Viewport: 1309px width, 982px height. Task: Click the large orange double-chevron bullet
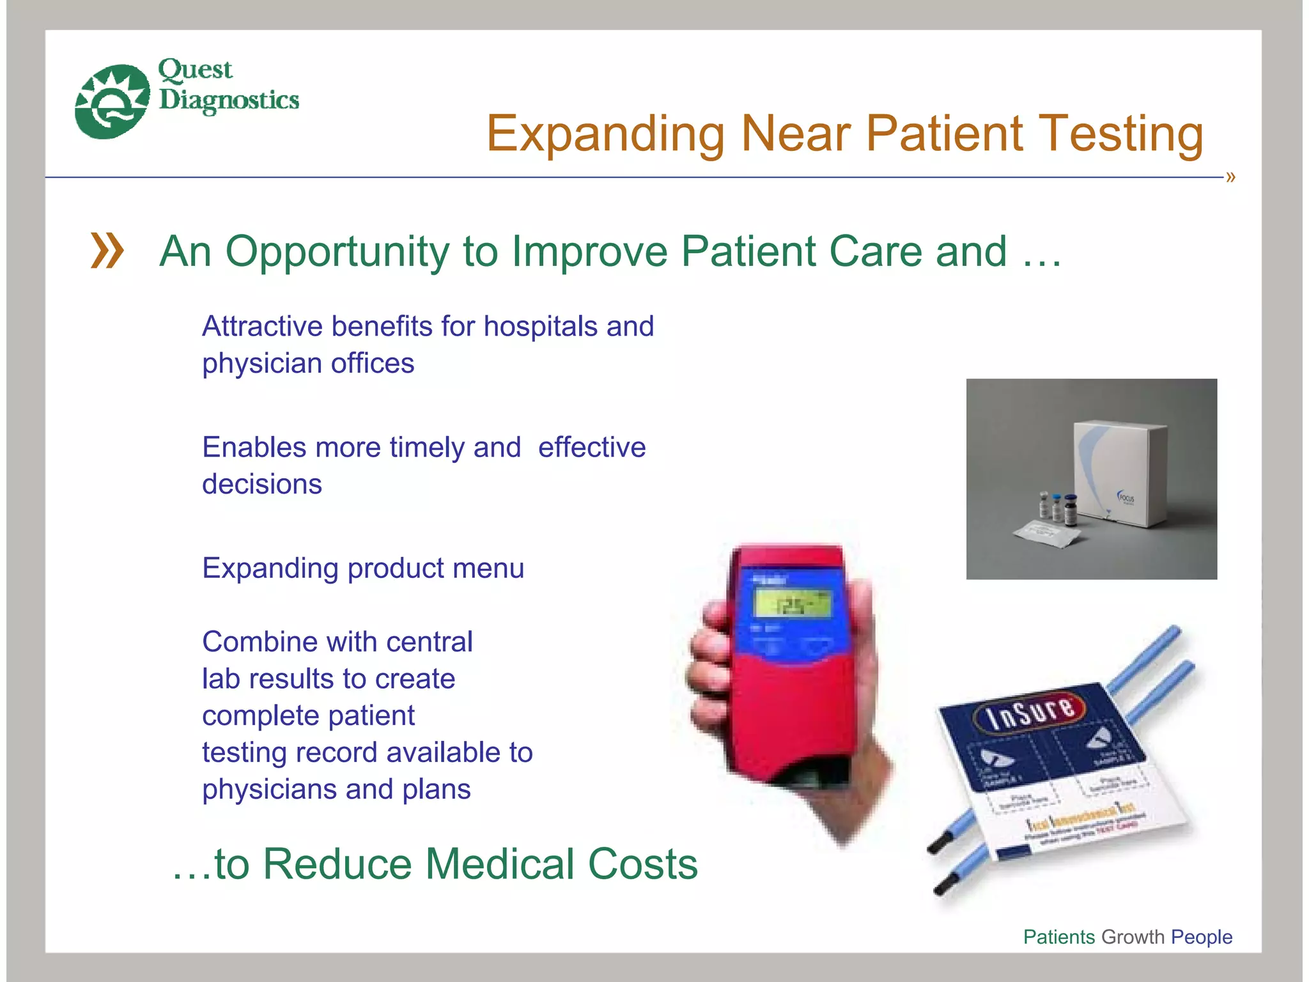107,251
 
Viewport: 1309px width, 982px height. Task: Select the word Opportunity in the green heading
337,252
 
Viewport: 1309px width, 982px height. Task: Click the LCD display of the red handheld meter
793,604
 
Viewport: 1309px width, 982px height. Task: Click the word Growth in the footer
1133,937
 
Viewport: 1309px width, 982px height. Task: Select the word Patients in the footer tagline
1059,937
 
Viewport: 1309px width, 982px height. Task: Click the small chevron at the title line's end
1230,177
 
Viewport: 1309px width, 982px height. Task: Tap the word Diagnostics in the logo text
229,100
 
